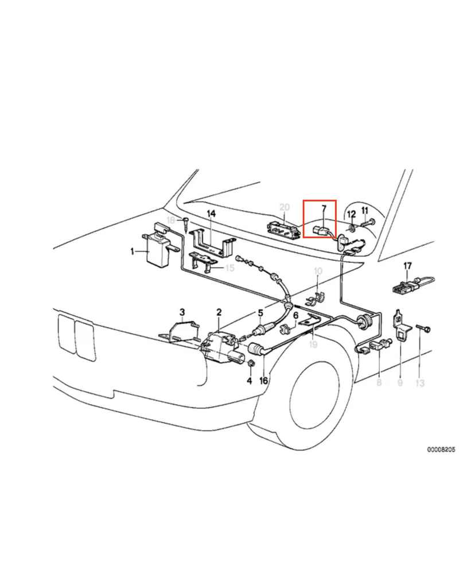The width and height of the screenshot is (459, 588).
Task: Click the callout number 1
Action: point(132,252)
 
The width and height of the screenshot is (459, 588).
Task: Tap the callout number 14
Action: point(211,215)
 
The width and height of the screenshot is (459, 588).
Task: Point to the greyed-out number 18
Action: point(170,220)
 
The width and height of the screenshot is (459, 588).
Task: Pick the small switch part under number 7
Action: point(322,231)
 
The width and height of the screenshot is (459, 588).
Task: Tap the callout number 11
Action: point(364,212)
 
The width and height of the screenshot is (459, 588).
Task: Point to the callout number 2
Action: point(219,312)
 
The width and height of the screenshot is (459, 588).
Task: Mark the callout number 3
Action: point(182,312)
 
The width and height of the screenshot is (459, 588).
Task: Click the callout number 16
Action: point(263,380)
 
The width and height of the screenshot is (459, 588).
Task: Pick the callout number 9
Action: point(399,382)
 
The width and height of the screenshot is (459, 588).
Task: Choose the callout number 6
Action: point(295,315)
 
